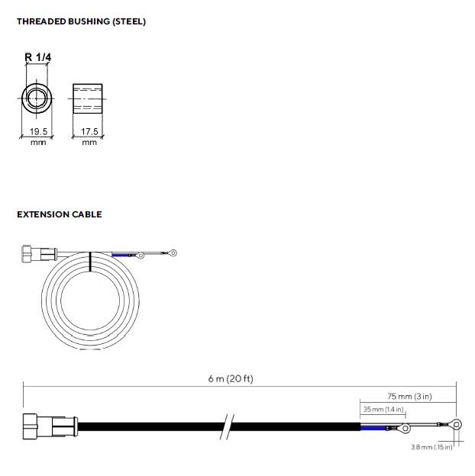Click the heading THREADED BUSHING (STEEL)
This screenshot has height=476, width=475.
pos(81,21)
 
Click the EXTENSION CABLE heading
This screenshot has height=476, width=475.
pos(60,214)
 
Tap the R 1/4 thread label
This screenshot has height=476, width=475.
pos(38,57)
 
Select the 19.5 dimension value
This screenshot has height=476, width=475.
pos(39,131)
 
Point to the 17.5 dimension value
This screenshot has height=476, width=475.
pos(89,131)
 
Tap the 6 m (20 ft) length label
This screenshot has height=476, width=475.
pos(231,378)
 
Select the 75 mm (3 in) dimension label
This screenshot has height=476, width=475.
pos(409,396)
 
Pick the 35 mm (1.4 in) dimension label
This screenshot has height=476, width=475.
pos(383,409)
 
